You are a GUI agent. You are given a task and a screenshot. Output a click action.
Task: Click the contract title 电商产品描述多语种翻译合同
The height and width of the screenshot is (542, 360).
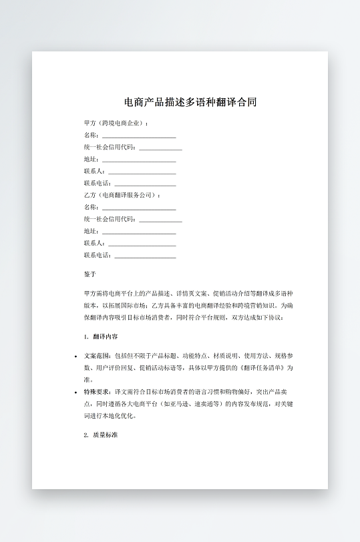(190, 102)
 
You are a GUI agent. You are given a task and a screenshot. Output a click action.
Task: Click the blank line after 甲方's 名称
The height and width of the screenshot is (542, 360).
(139, 135)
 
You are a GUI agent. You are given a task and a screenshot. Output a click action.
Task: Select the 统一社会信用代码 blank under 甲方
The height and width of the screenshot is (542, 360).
(160, 148)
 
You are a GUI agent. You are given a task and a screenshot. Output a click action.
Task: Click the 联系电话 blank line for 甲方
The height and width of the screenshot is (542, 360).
(145, 184)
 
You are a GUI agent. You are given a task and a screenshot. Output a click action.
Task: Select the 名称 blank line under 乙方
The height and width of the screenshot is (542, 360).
(139, 208)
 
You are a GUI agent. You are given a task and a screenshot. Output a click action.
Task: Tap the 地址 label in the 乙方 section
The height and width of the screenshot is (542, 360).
(91, 231)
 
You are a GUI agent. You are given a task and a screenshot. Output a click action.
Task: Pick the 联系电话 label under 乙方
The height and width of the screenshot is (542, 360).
(98, 255)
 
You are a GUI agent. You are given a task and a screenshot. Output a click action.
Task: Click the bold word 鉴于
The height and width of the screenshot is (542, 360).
(90, 274)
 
